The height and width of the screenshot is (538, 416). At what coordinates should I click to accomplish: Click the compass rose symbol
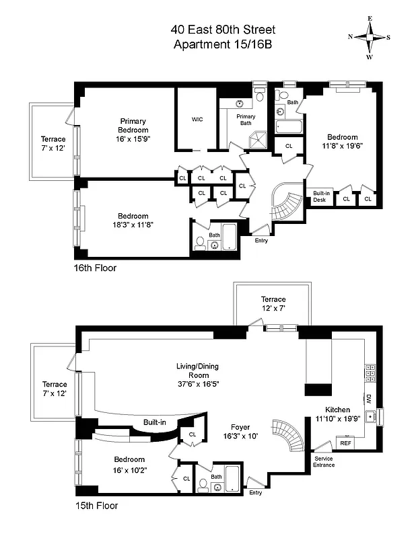(x=370, y=38)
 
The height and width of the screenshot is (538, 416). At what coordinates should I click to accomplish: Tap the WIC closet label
(x=197, y=119)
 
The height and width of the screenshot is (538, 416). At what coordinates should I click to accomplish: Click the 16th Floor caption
(x=95, y=268)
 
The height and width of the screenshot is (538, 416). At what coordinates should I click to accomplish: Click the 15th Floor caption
(x=95, y=504)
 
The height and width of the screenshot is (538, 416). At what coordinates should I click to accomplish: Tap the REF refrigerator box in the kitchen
(x=345, y=443)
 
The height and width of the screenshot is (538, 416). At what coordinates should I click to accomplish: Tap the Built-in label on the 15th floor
(x=154, y=422)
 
